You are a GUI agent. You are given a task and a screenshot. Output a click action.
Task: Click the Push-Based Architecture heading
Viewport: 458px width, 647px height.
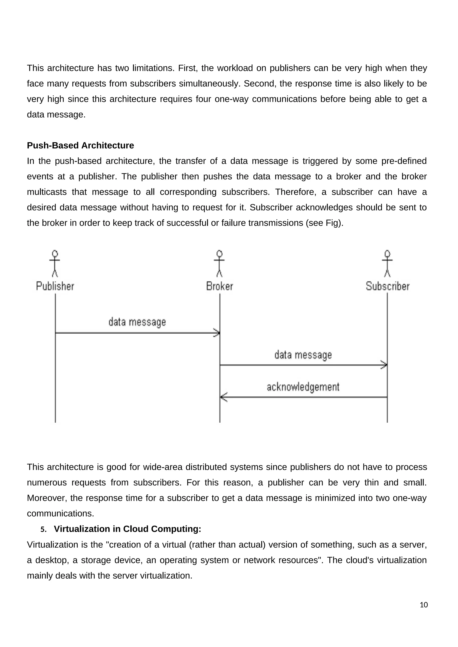80,145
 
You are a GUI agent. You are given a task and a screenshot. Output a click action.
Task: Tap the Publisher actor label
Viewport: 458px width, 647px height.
55,286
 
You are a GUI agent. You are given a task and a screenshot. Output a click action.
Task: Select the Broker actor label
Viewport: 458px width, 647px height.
220,286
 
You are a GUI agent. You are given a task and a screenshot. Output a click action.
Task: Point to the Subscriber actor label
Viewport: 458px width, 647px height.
388,286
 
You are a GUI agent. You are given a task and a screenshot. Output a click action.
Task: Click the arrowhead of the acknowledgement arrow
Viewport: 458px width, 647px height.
223,397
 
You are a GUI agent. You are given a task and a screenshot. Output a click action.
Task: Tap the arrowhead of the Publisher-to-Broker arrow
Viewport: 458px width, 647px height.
217,333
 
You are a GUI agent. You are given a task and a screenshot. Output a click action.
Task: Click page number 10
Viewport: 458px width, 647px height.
424,605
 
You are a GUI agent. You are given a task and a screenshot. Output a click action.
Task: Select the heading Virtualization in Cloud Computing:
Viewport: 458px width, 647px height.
127,529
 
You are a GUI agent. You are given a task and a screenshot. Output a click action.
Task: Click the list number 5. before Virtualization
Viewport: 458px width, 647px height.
43,529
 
